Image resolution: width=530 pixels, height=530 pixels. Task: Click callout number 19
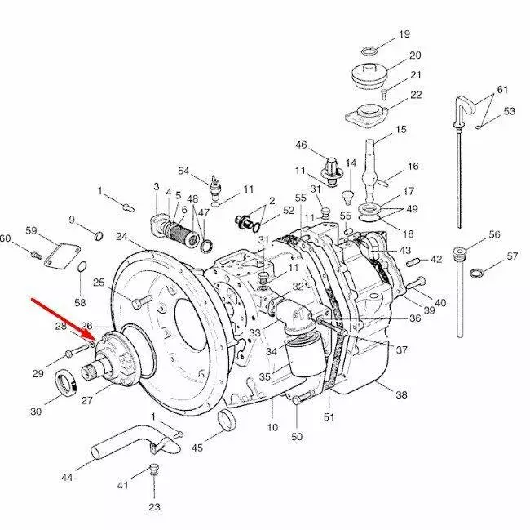pos(404,34)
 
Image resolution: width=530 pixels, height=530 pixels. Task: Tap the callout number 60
pos(6,238)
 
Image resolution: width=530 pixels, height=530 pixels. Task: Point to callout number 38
pos(401,395)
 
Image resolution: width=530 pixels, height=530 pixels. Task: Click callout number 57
pos(512,256)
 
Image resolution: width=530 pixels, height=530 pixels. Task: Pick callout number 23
pos(155,507)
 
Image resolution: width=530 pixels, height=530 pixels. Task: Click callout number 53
pos(509,110)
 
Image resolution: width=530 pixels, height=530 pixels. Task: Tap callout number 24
pos(121,237)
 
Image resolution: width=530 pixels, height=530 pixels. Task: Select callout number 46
pos(301,145)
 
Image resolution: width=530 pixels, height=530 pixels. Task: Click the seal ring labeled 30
pos(66,381)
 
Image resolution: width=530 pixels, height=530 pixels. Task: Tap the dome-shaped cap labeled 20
pos(370,74)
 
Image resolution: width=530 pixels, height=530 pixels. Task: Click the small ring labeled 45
pos(227,421)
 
